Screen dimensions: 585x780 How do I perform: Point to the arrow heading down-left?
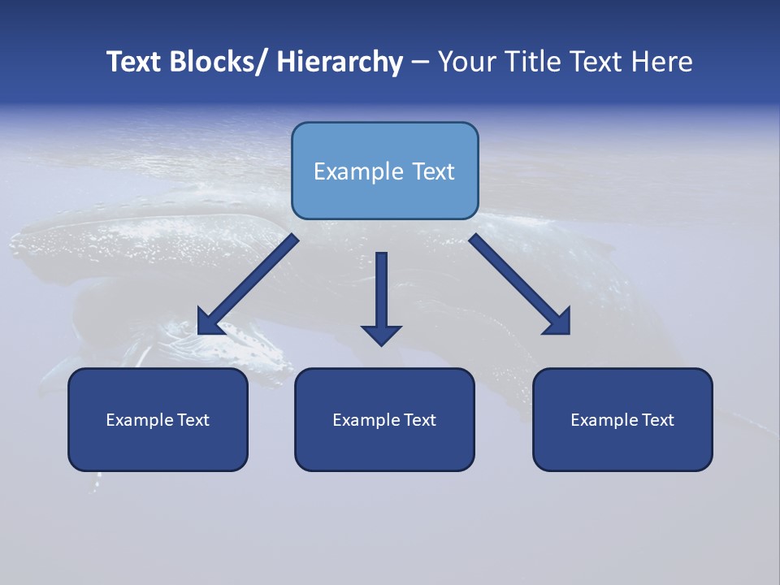coord(248,284)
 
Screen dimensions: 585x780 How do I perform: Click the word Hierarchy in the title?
coord(340,62)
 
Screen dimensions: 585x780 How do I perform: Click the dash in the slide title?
coord(419,62)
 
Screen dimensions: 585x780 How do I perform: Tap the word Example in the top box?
coord(358,171)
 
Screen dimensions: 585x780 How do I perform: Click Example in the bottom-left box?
coord(139,420)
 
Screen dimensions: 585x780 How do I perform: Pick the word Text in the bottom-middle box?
coord(419,420)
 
